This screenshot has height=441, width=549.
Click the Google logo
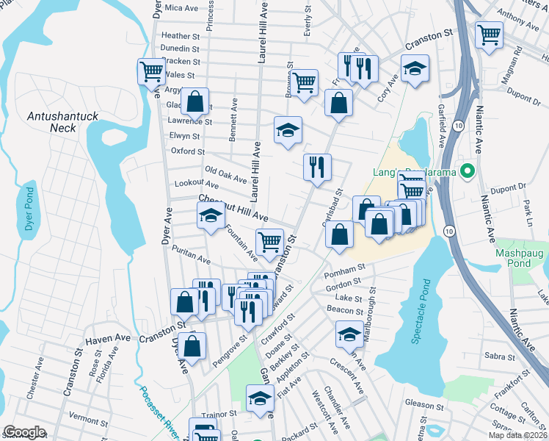coord(24,432)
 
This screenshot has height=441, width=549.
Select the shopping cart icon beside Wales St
coord(150,71)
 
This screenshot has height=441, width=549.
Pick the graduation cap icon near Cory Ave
coord(415,69)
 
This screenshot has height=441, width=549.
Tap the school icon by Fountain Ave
coord(211,215)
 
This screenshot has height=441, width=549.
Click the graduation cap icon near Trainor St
coord(259,398)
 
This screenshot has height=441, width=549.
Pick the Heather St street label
coord(180,36)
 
